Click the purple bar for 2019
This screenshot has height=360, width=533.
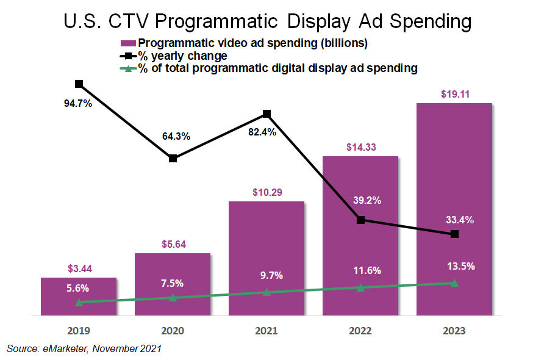(x=79, y=297)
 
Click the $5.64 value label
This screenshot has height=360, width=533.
(x=173, y=245)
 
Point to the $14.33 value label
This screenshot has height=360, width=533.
(x=360, y=147)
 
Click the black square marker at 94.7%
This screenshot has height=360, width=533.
(x=79, y=84)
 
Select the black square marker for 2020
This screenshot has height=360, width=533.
(x=173, y=158)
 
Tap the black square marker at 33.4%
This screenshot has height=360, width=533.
(x=454, y=234)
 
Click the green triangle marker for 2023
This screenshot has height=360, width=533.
(x=454, y=283)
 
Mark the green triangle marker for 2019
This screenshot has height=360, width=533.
(x=79, y=302)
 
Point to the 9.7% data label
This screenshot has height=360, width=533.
(x=266, y=275)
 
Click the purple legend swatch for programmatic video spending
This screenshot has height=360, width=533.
(x=127, y=43)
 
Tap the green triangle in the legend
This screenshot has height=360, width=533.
(x=127, y=68)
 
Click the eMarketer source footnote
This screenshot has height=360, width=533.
(x=84, y=348)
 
